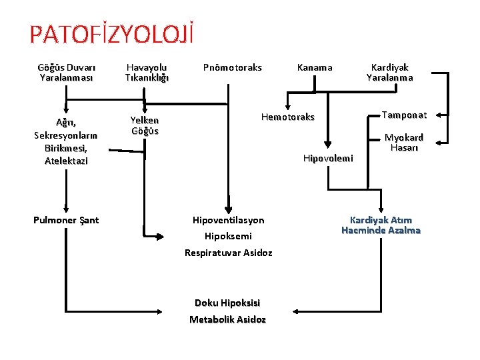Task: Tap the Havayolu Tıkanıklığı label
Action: click(147, 72)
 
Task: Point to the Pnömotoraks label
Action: click(232, 67)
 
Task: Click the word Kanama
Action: click(315, 67)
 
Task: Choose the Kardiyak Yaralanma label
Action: click(389, 72)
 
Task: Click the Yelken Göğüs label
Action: click(145, 125)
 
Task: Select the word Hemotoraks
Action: click(288, 117)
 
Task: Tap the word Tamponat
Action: click(404, 115)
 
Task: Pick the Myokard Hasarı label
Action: click(404, 143)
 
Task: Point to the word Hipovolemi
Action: click(328, 158)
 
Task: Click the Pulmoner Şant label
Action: click(66, 220)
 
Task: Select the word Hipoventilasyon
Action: click(228, 220)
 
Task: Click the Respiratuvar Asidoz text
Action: click(228, 253)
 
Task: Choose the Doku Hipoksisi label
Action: click(227, 303)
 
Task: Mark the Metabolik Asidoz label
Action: click(227, 319)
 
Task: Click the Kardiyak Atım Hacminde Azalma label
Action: click(381, 225)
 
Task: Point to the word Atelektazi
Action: click(66, 161)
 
